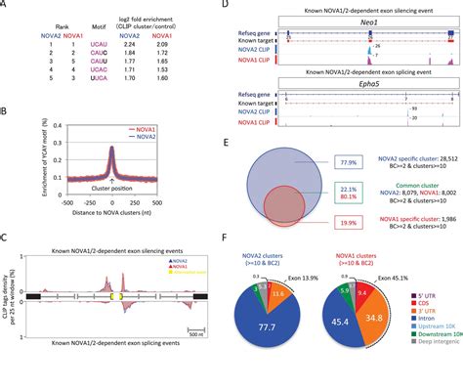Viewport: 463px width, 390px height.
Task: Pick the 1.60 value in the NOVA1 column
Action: click(x=179, y=96)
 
